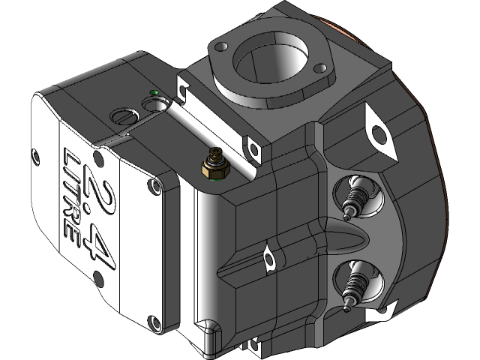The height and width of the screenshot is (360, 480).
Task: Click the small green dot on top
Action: (154, 93)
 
